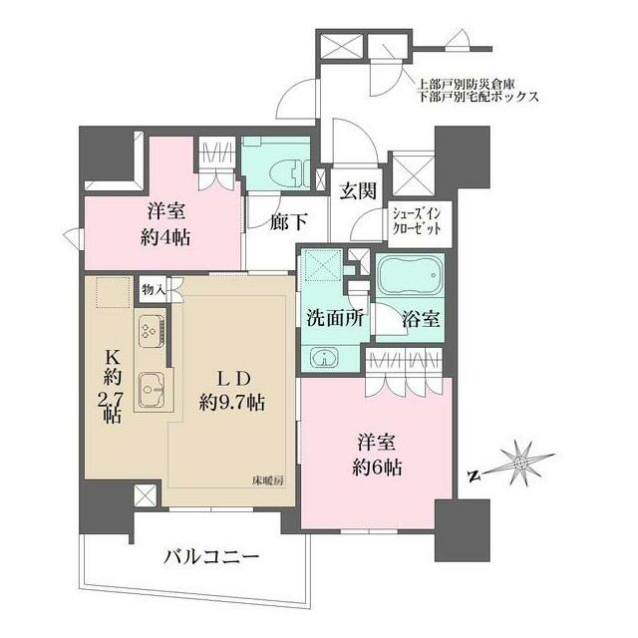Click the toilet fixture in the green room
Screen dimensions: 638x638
point(290,171)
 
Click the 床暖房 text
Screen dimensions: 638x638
point(268,480)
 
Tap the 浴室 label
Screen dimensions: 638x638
point(416,322)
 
